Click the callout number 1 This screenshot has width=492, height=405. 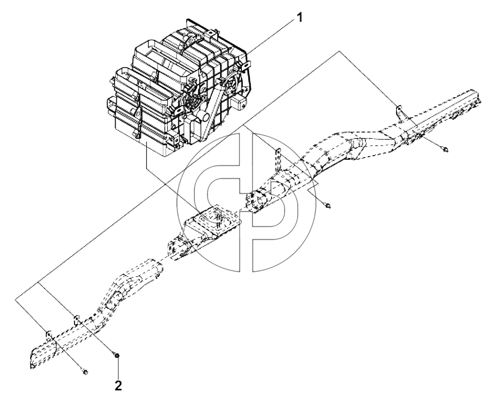pos(300,18)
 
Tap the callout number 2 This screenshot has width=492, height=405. pos(118,386)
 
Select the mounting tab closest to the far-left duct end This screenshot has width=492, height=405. pos(49,335)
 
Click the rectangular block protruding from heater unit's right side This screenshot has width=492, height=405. pos(239,103)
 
